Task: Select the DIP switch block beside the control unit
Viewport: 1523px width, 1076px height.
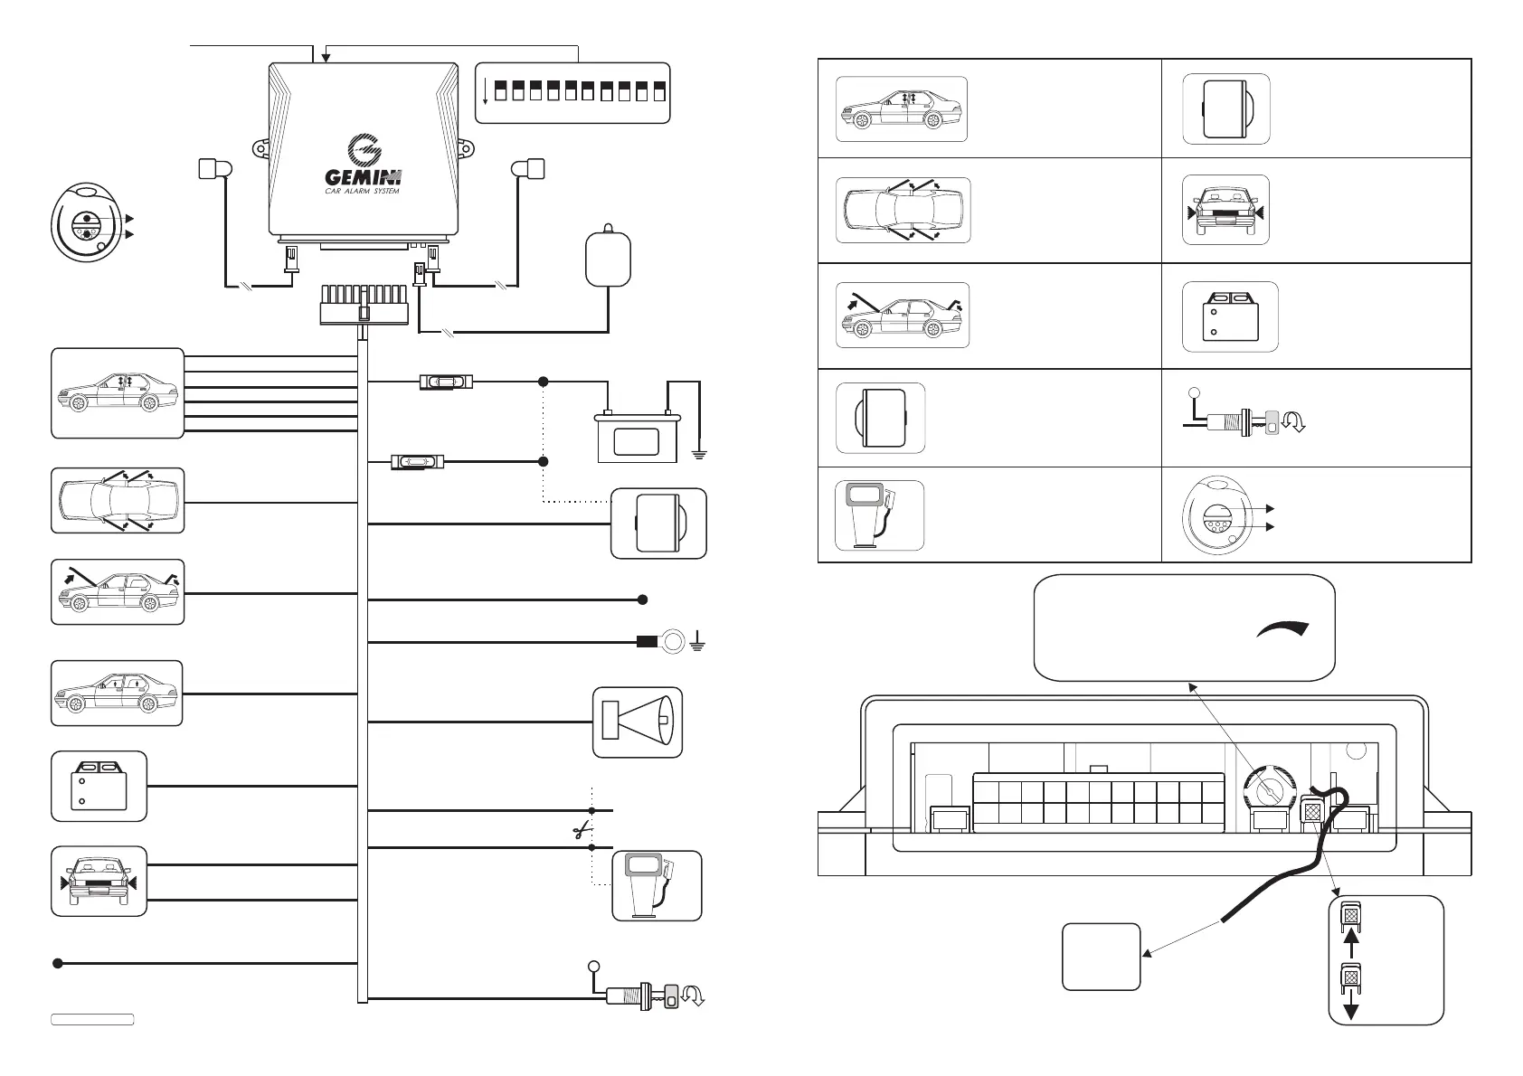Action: (x=572, y=93)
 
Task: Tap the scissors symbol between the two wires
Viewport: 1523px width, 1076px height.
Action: (x=582, y=830)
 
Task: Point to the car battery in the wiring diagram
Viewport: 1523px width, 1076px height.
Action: (x=637, y=437)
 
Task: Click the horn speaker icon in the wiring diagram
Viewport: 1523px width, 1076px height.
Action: (x=638, y=722)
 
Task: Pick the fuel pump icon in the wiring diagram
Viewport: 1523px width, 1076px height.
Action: (x=657, y=886)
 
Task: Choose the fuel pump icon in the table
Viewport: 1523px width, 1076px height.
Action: (x=879, y=515)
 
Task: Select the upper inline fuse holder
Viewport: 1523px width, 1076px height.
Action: (x=446, y=382)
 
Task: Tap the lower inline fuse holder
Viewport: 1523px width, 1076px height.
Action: (x=418, y=462)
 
